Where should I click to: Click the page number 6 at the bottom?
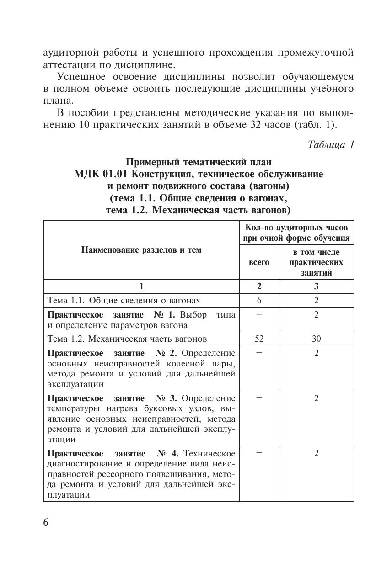click(46, 523)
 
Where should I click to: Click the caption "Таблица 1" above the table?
click(331, 145)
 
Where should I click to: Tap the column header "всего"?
click(259, 262)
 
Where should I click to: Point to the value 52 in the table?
click(259, 339)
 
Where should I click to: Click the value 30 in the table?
click(316, 339)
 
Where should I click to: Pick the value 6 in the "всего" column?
click(259, 300)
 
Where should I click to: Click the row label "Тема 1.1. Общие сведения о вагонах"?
click(124, 300)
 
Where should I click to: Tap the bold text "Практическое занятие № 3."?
click(112, 398)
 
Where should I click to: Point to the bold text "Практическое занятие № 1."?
click(112, 314)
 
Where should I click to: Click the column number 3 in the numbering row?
click(316, 286)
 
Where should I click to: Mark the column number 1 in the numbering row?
click(141, 286)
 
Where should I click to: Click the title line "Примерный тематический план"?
click(199, 162)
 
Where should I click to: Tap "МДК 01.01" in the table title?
click(97, 174)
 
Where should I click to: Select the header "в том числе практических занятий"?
click(316, 262)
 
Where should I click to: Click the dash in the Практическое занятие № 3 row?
click(259, 397)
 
